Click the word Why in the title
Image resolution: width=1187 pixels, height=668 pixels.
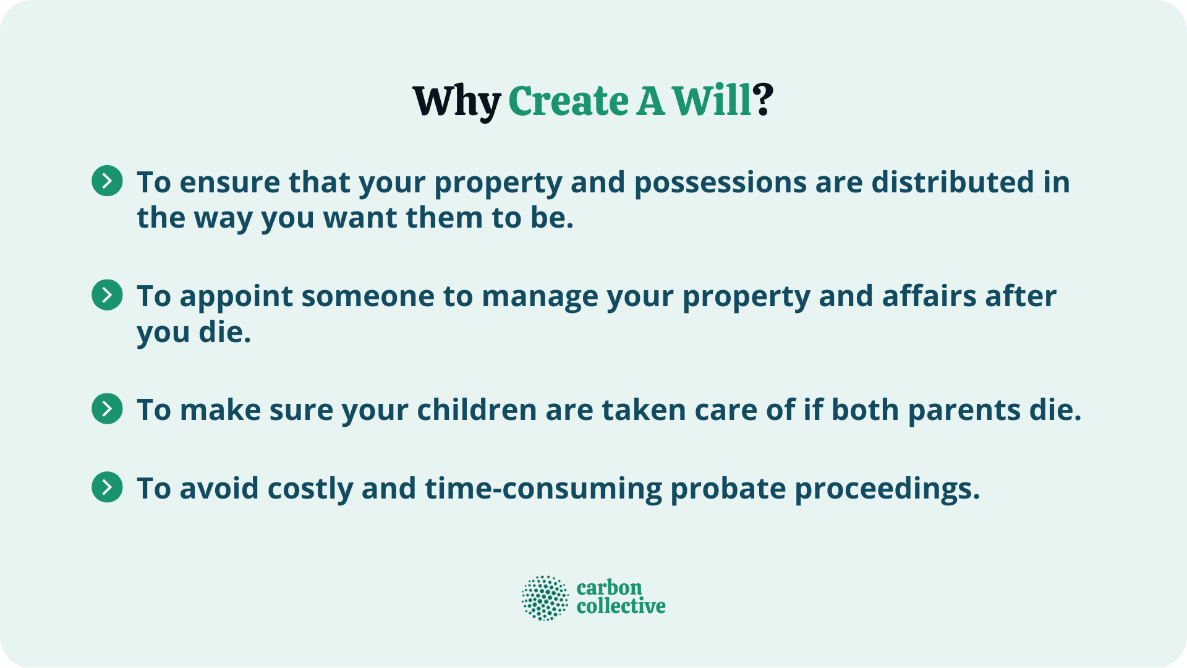pos(456,101)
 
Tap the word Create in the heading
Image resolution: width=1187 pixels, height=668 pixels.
pos(568,101)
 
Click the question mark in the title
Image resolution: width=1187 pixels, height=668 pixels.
pos(764,101)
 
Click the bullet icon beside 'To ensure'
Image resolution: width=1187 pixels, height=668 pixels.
pos(107,181)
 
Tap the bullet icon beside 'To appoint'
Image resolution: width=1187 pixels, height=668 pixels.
pos(107,294)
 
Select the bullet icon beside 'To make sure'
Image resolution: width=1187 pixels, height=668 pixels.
pos(107,408)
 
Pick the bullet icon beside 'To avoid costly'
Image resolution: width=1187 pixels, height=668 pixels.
pos(107,487)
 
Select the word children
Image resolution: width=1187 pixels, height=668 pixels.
pos(476,410)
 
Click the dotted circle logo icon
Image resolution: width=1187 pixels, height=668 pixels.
pos(545,597)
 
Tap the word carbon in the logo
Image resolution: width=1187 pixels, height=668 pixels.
pos(609,588)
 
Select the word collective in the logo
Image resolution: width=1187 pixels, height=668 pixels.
pos(621,606)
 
